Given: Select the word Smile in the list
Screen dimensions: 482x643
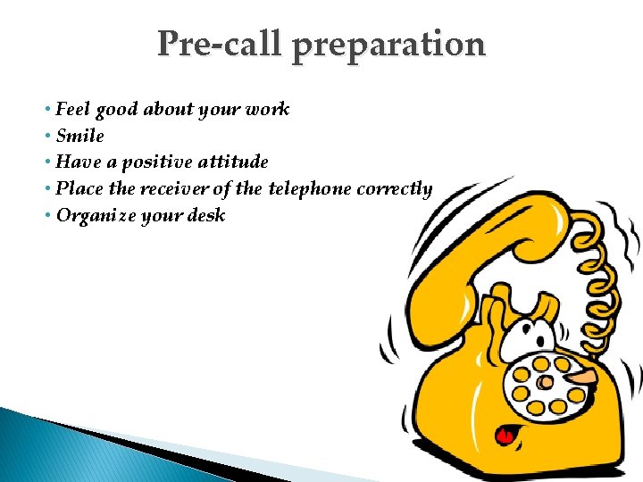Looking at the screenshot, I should click(79, 136).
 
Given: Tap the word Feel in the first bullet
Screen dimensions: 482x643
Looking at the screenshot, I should click(72, 109).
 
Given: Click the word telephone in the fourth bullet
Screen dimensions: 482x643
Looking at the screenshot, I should click(310, 188).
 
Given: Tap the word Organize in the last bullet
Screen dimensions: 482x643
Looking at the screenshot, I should click(95, 215).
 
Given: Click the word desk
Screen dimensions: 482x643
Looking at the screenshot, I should click(206, 215).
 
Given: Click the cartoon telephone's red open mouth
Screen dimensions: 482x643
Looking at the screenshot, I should click(505, 436).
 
